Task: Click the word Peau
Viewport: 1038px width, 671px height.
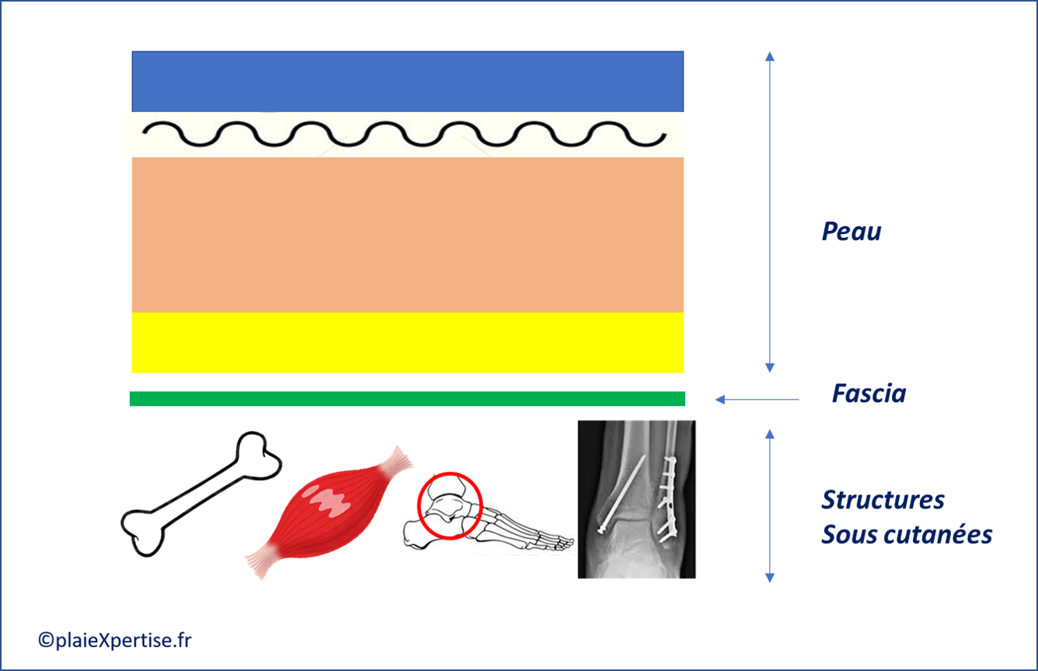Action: [852, 232]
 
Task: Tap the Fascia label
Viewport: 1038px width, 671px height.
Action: [869, 393]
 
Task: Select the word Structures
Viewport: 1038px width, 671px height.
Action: [883, 499]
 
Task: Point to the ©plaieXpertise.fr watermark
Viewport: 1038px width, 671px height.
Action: [114, 640]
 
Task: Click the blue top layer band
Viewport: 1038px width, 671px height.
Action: [407, 81]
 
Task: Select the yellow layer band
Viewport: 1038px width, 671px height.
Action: [407, 342]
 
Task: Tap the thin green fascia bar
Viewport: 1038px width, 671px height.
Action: [407, 399]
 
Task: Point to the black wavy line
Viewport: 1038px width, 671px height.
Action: [404, 135]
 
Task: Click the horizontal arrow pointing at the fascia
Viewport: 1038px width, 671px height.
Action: [757, 400]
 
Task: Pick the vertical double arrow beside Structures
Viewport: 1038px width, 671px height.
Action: [769, 505]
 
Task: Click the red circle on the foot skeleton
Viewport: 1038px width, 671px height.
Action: [450, 505]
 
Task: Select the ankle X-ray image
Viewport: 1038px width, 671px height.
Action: [636, 499]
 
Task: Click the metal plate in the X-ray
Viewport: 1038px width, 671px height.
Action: [667, 498]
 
